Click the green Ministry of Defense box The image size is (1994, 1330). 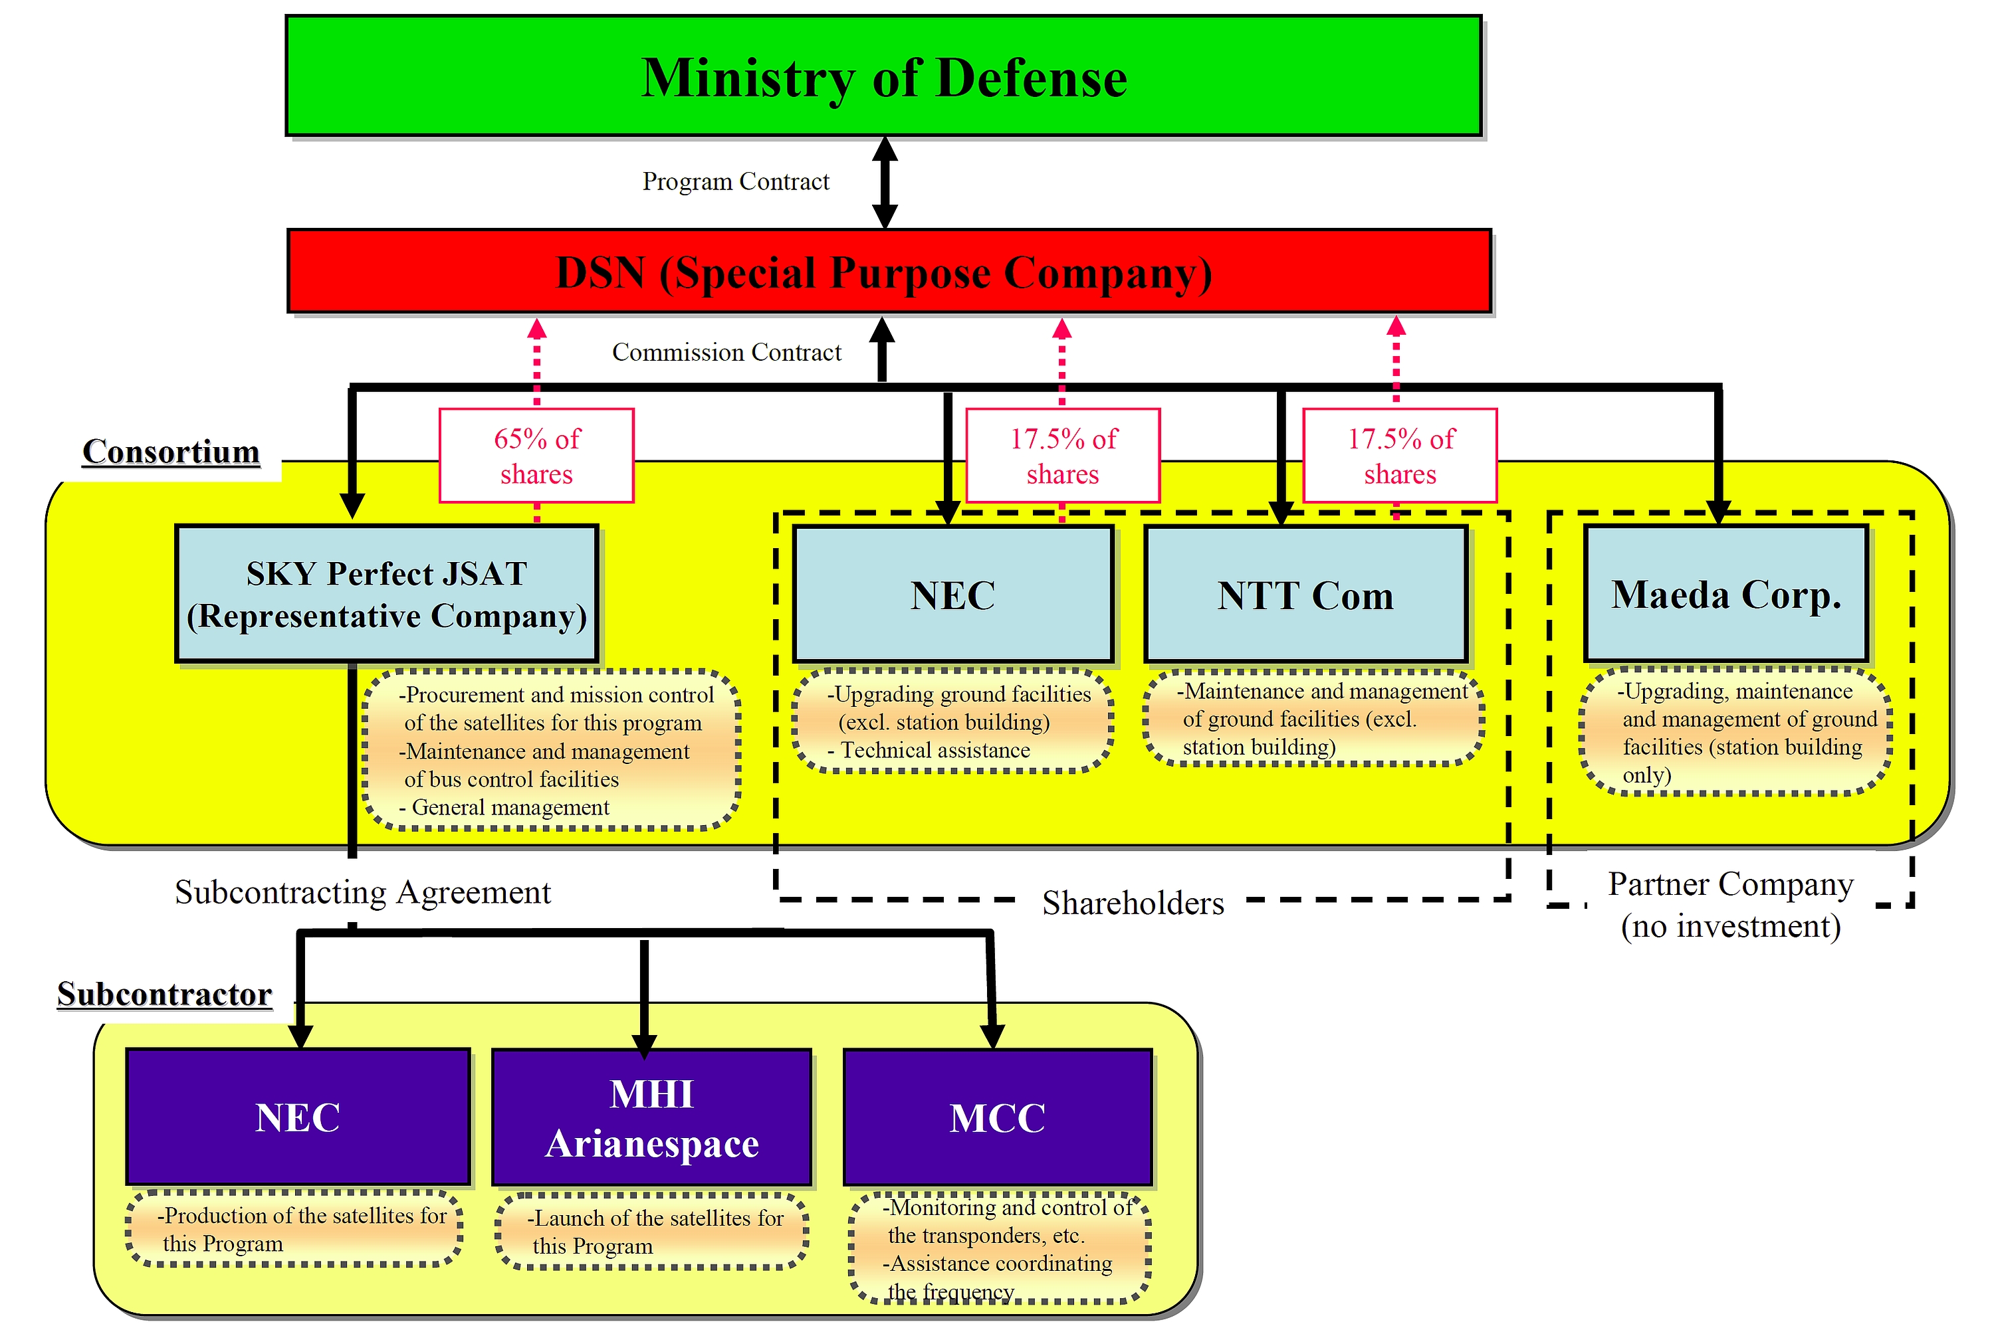[883, 76]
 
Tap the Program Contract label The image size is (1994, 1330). [736, 181]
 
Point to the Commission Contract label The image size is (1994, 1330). [726, 352]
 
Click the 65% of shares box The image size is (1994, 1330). [536, 456]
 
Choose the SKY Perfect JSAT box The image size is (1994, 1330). [387, 594]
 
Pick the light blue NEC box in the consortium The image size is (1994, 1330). [953, 594]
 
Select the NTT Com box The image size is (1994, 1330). [1306, 594]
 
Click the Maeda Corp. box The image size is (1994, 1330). [1727, 594]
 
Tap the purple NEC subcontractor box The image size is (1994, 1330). [298, 1116]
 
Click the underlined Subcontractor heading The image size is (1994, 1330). [165, 994]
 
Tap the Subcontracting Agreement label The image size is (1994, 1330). [363, 892]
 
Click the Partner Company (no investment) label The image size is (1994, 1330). [1731, 905]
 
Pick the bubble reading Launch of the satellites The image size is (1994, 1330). [651, 1232]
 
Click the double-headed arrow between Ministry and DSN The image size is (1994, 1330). [885, 183]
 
